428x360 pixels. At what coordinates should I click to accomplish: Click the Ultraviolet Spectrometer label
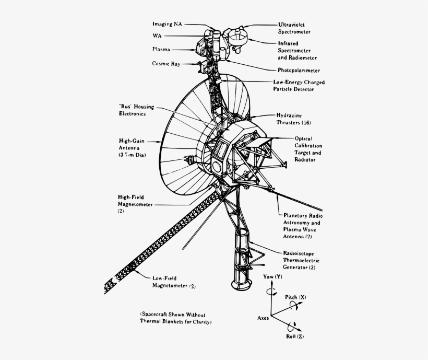coord(297,28)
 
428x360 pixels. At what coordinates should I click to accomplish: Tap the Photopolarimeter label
coord(299,70)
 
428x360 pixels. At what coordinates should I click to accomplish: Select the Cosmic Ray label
coord(167,63)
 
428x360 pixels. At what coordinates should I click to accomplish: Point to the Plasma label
coord(161,49)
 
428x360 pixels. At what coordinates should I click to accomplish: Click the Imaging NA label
coord(167,24)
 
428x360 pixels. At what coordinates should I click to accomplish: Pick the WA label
coord(157,36)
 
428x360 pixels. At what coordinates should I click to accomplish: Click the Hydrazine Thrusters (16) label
coord(294,119)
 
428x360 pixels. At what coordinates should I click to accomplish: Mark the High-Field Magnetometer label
coord(135,204)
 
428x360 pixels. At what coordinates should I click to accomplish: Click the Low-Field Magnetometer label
coord(174,282)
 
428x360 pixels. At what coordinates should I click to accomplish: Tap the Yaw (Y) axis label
coord(272,276)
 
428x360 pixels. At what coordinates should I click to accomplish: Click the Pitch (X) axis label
coord(295,297)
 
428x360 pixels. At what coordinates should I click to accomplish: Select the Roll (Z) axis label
coord(295,336)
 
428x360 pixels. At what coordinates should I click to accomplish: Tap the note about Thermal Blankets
coord(175,318)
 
